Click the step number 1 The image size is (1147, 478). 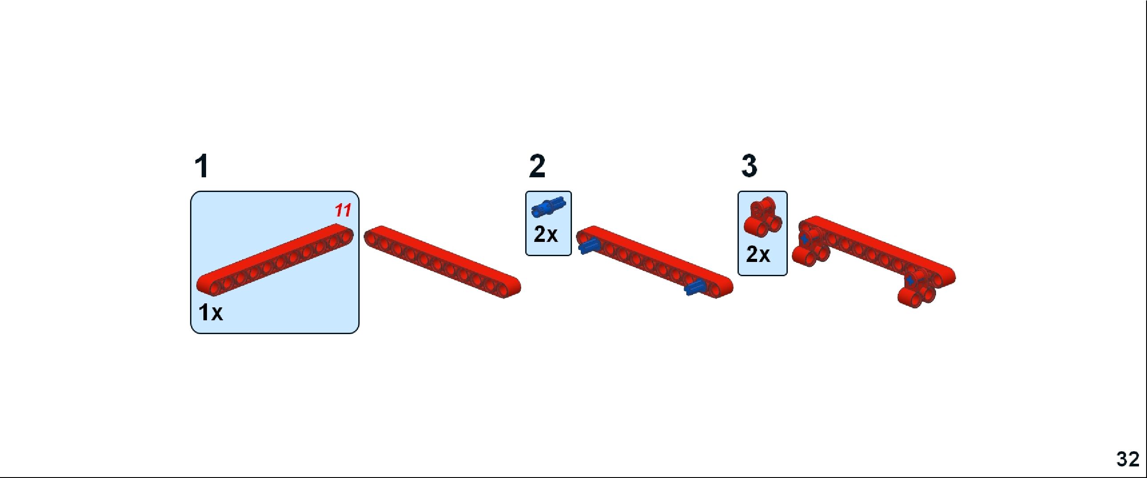(x=202, y=166)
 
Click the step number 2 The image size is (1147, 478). (x=537, y=166)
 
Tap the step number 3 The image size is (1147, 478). (x=749, y=166)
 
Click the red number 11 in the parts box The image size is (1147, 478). (x=343, y=210)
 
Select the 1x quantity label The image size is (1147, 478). (x=210, y=312)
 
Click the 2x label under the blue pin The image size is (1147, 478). (x=545, y=234)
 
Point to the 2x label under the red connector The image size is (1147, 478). (x=758, y=254)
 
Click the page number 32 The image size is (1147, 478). (x=1128, y=459)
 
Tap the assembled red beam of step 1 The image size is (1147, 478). (x=442, y=262)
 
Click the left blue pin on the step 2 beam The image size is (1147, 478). (x=588, y=245)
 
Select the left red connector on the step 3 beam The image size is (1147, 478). (x=811, y=248)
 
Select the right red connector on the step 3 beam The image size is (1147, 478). (x=916, y=290)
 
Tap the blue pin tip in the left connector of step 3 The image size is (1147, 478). (x=804, y=239)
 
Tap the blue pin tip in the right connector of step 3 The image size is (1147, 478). (x=910, y=281)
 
